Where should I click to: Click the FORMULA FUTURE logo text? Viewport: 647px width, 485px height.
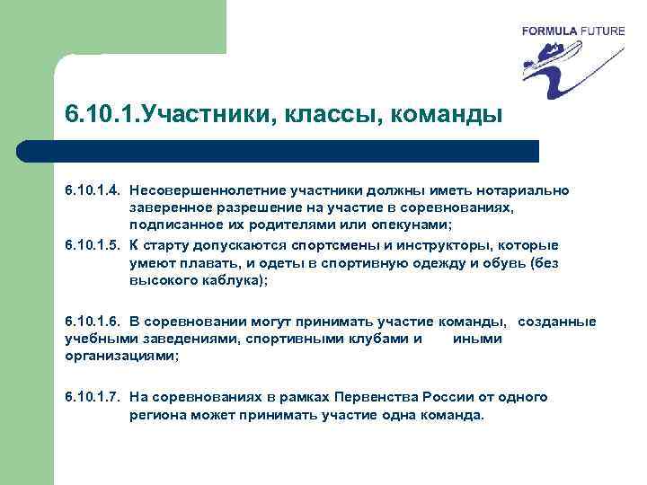tap(572, 31)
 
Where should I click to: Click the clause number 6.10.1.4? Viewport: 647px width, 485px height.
tap(93, 190)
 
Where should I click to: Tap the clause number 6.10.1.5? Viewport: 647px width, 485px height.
tap(93, 245)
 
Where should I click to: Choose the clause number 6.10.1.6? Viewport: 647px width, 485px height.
tap(93, 322)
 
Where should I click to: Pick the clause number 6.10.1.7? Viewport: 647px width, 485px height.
tap(93, 397)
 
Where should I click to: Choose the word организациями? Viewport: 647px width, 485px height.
tap(120, 356)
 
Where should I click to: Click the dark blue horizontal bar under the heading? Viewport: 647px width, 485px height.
tap(297, 151)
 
